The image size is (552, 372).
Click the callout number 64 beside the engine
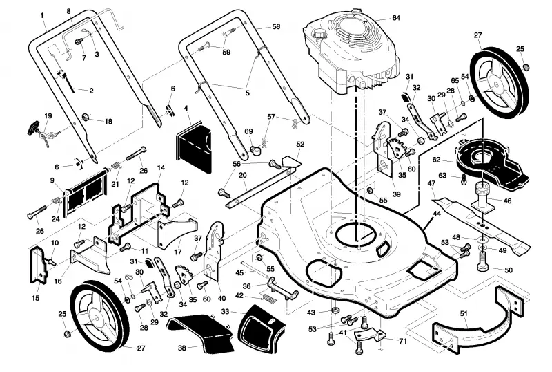(x=396, y=18)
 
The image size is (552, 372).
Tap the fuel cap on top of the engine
(x=319, y=32)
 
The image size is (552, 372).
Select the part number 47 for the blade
(x=432, y=183)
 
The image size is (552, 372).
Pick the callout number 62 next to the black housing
(x=436, y=160)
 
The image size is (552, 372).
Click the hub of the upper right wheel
(x=495, y=83)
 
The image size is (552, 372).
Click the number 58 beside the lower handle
(x=277, y=26)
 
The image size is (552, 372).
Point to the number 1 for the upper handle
(x=42, y=15)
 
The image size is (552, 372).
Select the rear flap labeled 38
(x=201, y=333)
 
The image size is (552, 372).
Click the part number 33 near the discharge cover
(x=225, y=312)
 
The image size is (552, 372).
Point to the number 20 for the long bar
(x=243, y=175)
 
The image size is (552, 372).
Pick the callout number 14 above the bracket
(x=161, y=167)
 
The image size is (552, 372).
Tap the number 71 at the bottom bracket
(x=403, y=341)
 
